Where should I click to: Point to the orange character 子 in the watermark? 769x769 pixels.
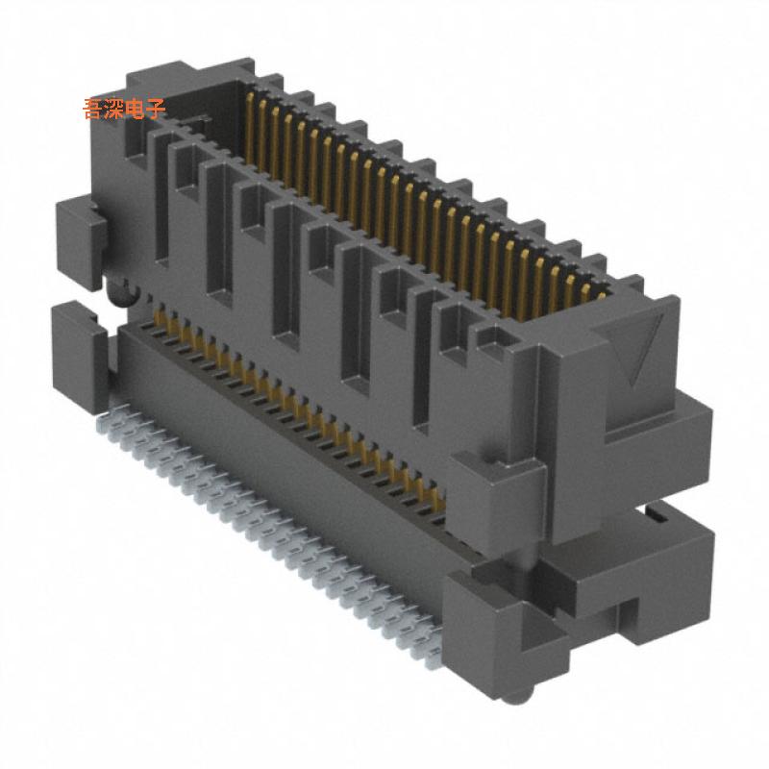(x=156, y=108)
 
